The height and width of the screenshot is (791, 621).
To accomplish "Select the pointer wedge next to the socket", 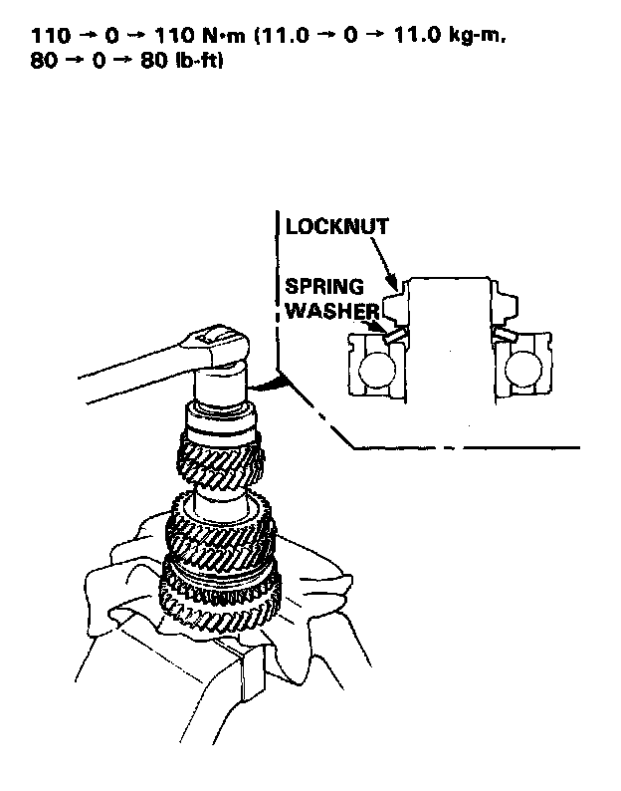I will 267,382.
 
